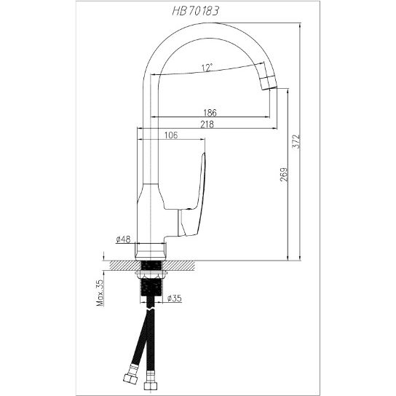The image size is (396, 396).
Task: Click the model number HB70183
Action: [198, 10]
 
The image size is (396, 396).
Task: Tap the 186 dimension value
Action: [211, 113]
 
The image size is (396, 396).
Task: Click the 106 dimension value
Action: [171, 135]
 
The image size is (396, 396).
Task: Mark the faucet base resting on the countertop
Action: [153, 248]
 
